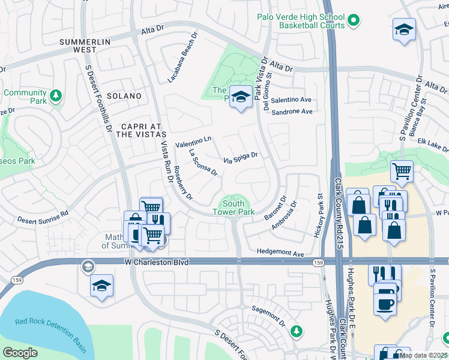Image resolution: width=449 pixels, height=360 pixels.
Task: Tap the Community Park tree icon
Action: [x=55, y=95]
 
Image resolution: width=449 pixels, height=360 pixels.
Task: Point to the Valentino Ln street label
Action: [x=193, y=142]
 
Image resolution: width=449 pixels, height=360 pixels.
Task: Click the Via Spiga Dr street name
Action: [x=240, y=158]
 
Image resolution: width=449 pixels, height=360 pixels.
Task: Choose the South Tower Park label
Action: [x=234, y=208]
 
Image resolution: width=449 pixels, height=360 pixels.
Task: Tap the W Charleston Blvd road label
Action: [x=157, y=262]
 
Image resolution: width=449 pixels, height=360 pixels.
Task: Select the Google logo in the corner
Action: [x=20, y=353]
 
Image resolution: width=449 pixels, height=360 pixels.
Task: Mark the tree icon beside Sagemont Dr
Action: [x=295, y=331]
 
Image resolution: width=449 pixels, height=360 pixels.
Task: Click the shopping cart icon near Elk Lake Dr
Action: [x=402, y=171]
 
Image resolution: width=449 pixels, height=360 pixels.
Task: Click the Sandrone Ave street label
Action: [x=292, y=112]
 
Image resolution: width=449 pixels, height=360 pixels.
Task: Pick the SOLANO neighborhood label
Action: [x=124, y=96]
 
